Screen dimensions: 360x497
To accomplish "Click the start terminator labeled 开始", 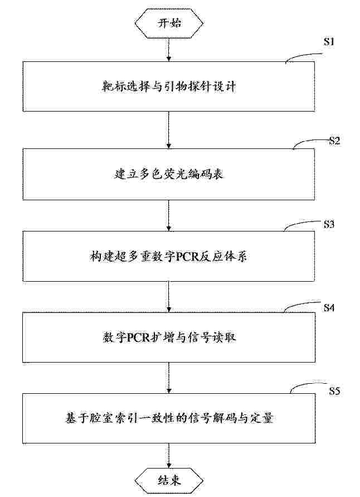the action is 169,23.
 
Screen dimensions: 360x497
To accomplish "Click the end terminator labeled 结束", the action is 169,480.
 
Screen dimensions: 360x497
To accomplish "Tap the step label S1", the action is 329,41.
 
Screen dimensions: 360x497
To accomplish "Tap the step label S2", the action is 334,141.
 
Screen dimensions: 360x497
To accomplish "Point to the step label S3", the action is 329,224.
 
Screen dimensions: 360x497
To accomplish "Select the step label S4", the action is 329,307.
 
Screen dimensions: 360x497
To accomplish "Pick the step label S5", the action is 334,391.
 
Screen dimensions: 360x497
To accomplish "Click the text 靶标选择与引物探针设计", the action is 169,86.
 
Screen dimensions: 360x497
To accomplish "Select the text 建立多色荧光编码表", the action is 169,174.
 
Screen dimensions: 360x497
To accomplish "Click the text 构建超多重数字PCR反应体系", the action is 168,257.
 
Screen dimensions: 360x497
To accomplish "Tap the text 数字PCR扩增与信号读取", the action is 169,337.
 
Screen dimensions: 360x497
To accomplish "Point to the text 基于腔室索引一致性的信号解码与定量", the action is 169,418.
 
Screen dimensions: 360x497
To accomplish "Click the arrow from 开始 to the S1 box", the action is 169,50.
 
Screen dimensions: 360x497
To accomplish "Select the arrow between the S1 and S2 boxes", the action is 169,130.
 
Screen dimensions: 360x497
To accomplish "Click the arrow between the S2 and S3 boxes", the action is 169,215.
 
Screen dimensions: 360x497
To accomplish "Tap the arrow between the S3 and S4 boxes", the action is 169,297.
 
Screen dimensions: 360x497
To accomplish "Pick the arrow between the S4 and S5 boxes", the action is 169,378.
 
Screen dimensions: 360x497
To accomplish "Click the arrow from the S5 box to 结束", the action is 169,455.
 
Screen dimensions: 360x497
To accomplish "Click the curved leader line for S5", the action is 307,386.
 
